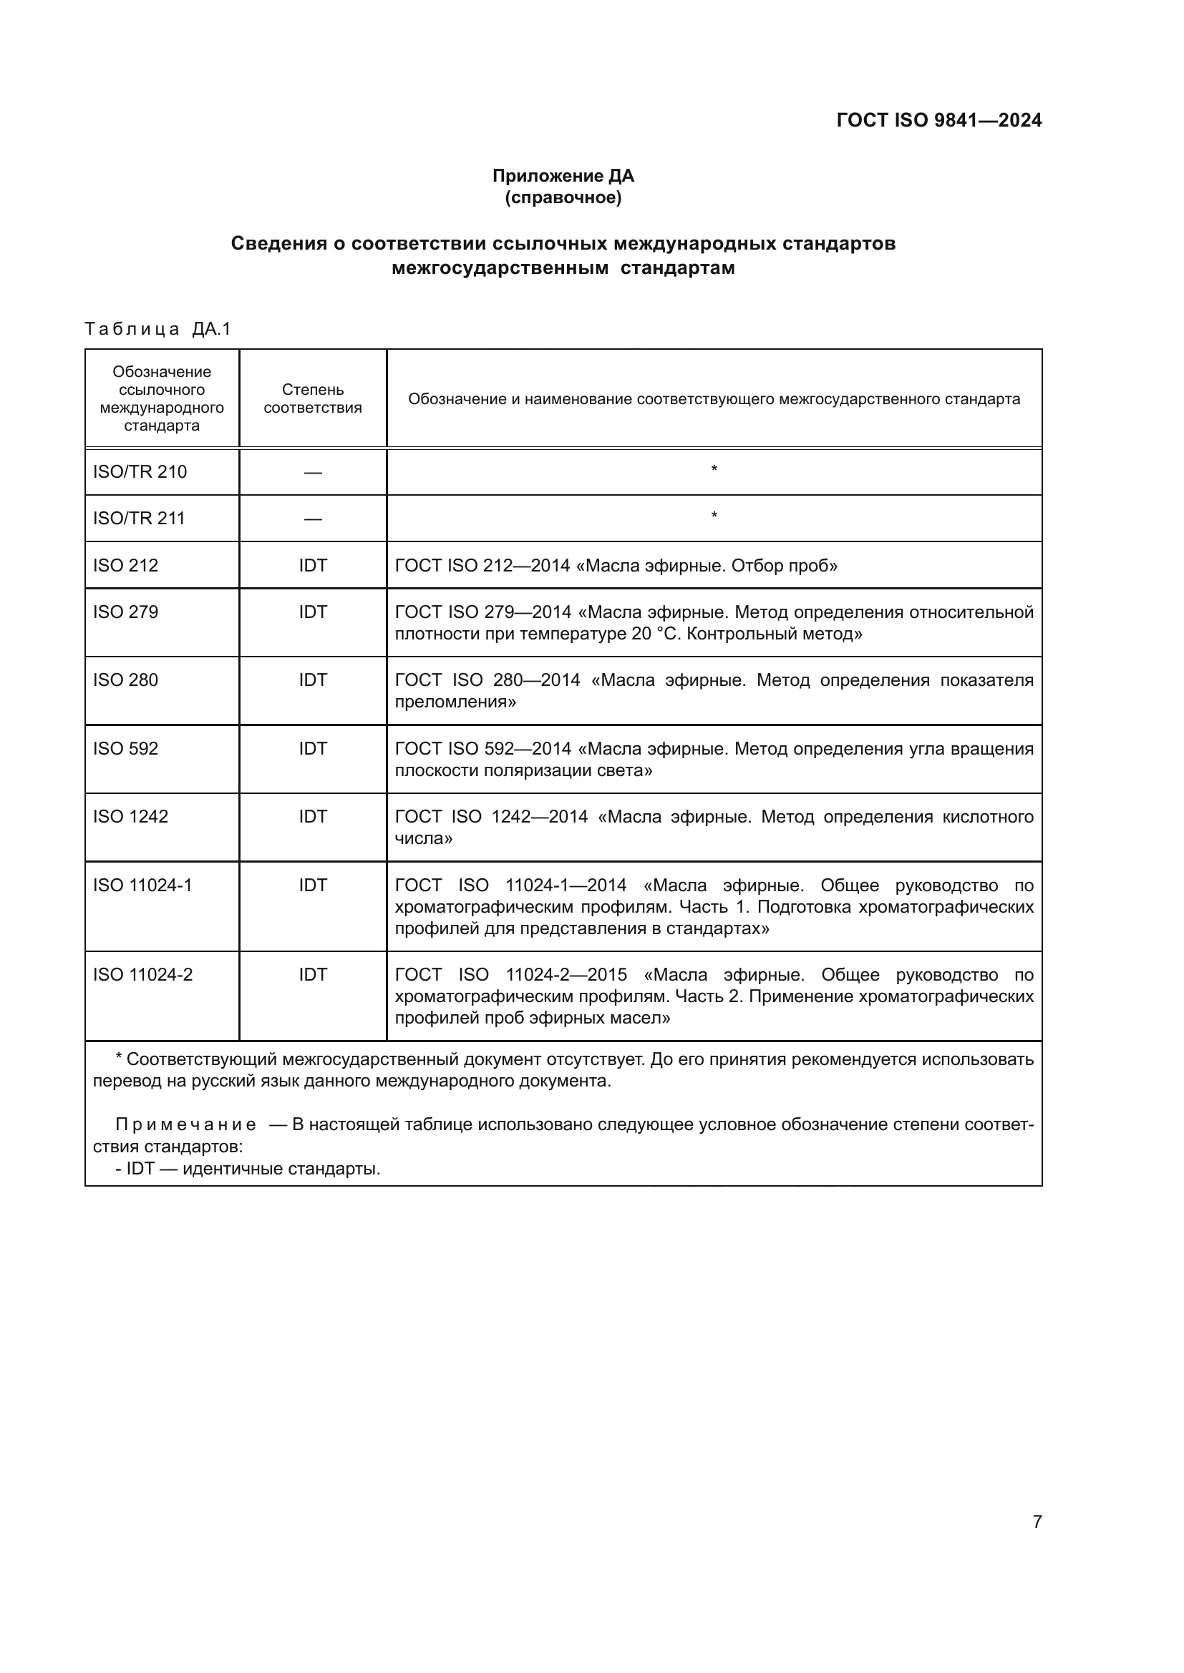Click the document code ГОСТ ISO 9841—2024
pos(938,120)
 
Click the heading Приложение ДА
pos(563,176)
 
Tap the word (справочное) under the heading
pos(563,197)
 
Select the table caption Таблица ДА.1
pos(157,329)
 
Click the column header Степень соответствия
pos(313,398)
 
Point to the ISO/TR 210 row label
pos(140,472)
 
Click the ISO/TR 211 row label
pos(140,519)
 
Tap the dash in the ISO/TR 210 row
pos(313,473)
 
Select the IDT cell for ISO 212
pos(313,566)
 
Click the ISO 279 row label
pos(125,612)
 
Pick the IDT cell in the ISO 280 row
pos(313,679)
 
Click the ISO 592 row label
pos(125,748)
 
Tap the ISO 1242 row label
pos(130,816)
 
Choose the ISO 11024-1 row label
pos(143,885)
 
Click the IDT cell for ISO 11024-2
pos(313,974)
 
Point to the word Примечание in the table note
pos(186,1124)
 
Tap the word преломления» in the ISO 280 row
pos(455,702)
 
